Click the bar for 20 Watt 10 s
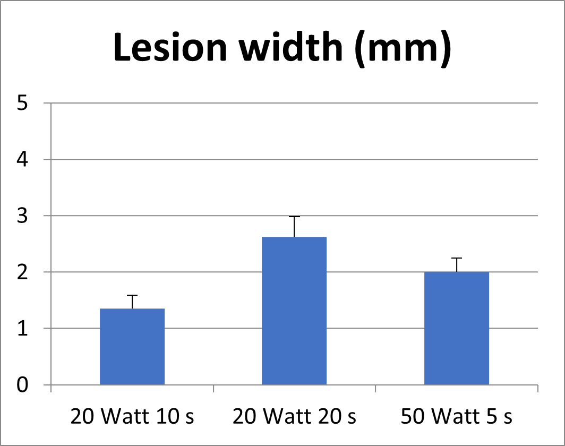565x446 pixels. (132, 346)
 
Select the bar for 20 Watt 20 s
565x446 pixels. (294, 311)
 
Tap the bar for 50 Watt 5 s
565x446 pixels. (457, 328)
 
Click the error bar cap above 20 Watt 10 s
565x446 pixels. (132, 295)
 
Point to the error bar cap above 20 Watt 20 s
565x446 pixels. (294, 217)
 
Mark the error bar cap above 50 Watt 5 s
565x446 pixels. (457, 258)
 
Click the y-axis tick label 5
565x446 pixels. (22, 104)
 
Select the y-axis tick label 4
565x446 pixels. (22, 160)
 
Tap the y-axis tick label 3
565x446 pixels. (22, 216)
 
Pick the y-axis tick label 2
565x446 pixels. (22, 272)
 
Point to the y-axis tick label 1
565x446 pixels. (22, 329)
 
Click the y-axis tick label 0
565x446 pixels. (22, 385)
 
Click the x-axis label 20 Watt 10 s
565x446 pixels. (132, 417)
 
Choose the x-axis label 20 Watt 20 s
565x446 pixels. (294, 417)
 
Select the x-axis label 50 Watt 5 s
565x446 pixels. (457, 417)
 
